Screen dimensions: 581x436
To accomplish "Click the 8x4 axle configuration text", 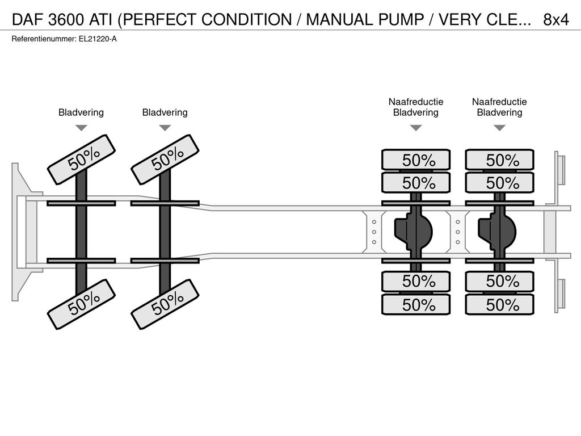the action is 556,20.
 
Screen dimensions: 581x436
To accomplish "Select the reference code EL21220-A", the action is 98,39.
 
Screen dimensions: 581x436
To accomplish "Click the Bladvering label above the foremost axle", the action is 81,112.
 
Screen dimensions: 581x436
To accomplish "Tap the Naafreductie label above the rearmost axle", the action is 499,102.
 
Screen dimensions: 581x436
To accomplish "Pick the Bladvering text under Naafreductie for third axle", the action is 416,112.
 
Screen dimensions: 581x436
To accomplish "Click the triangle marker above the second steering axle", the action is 165,128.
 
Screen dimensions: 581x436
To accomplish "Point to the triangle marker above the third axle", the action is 416,128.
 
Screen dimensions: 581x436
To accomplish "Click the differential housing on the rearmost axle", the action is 497,232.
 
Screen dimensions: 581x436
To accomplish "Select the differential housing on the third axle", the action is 413,232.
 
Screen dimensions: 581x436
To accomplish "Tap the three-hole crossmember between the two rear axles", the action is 458,232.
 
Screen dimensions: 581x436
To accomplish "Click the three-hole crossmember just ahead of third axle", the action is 374,232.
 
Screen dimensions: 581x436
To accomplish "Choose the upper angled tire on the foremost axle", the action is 82,160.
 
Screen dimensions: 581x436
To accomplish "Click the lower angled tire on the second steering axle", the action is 165,304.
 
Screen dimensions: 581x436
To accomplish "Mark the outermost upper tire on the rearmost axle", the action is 499,160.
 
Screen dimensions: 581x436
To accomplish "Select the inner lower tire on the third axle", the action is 416,281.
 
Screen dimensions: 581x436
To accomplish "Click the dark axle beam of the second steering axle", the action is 165,232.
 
